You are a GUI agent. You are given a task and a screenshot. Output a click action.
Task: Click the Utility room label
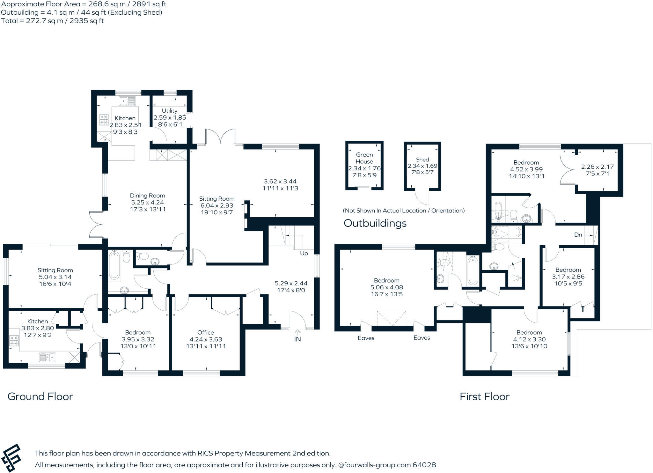[x=169, y=111]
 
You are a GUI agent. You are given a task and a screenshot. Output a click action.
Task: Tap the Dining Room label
[x=147, y=196]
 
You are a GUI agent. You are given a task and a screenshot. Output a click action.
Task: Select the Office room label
[x=206, y=332]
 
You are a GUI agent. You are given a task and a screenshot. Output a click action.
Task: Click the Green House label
[x=364, y=158]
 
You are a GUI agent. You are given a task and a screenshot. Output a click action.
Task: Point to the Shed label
[x=422, y=159]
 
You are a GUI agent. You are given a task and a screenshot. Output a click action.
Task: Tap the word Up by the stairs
[x=304, y=253]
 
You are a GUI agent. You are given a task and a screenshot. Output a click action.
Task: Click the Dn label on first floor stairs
[x=578, y=235]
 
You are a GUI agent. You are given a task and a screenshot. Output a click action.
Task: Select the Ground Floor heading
[x=40, y=396]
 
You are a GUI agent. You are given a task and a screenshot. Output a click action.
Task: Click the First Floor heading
[x=484, y=396]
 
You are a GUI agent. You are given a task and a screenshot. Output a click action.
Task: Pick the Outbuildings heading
[x=375, y=223]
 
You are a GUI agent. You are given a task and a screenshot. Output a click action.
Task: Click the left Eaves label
[x=366, y=338]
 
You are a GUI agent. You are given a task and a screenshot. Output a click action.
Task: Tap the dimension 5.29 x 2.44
[x=291, y=283]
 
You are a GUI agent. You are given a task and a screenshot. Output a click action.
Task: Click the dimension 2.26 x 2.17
[x=593, y=166]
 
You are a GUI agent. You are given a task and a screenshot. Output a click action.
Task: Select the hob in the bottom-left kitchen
[x=14, y=340]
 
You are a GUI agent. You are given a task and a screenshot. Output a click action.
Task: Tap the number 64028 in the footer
[x=424, y=465]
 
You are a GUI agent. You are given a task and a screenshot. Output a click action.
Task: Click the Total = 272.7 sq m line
[x=52, y=21]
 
